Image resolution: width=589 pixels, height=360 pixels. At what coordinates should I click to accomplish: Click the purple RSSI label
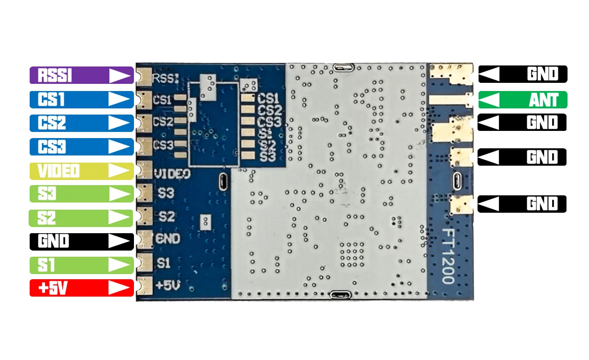click(x=81, y=75)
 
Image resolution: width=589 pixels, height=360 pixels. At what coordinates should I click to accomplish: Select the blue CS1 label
click(x=81, y=100)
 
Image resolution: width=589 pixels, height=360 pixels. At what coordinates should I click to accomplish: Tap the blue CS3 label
click(x=81, y=147)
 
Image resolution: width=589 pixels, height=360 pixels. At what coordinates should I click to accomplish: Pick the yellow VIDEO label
click(x=81, y=171)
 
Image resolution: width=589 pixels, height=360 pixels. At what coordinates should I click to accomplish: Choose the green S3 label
click(x=81, y=194)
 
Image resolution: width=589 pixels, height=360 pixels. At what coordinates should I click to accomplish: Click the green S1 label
click(x=81, y=265)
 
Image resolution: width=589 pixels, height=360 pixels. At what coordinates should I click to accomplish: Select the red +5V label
click(x=81, y=288)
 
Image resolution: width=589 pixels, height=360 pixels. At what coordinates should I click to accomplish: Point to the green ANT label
click(x=523, y=100)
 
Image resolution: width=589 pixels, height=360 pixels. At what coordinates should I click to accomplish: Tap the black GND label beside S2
click(x=81, y=241)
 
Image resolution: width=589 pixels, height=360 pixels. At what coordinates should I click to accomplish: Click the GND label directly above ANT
click(x=523, y=74)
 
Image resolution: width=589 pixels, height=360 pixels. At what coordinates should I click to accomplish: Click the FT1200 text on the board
click(x=448, y=256)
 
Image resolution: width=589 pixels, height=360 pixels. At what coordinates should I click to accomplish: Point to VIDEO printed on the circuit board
click(x=172, y=174)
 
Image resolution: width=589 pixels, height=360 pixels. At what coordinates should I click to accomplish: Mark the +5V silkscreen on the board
click(x=168, y=285)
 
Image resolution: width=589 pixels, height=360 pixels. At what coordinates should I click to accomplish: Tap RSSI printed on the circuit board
click(x=166, y=78)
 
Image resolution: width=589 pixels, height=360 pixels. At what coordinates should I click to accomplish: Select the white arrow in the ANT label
click(x=489, y=100)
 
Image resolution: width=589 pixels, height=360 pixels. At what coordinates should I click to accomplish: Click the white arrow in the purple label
click(x=120, y=75)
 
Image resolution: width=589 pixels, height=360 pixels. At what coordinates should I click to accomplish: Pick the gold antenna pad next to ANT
click(x=450, y=100)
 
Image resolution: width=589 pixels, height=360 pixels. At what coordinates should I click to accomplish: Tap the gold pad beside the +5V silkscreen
click(x=145, y=286)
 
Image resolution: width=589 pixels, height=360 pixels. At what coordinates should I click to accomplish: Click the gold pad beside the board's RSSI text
click(x=145, y=77)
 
